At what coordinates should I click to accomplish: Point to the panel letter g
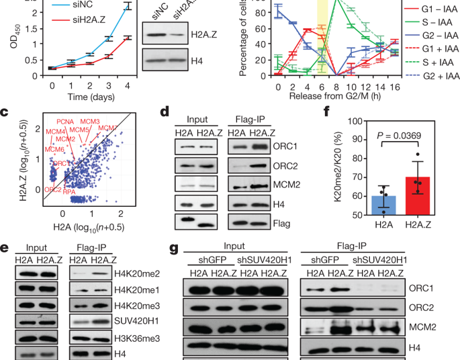pyautogui.click(x=174, y=249)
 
